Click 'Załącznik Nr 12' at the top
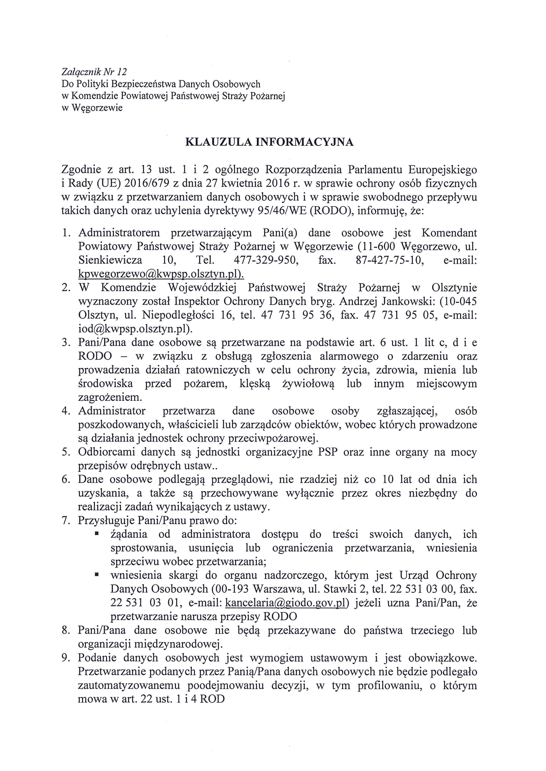click(x=94, y=71)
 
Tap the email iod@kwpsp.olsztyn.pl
click(x=135, y=329)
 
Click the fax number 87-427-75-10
click(x=390, y=260)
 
